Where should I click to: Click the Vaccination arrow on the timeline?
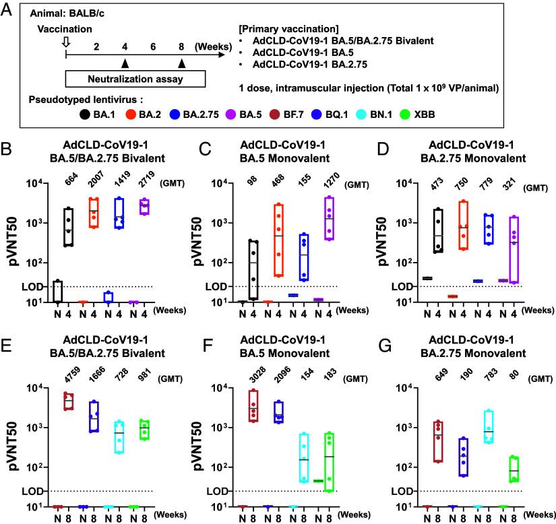pos(65,43)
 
